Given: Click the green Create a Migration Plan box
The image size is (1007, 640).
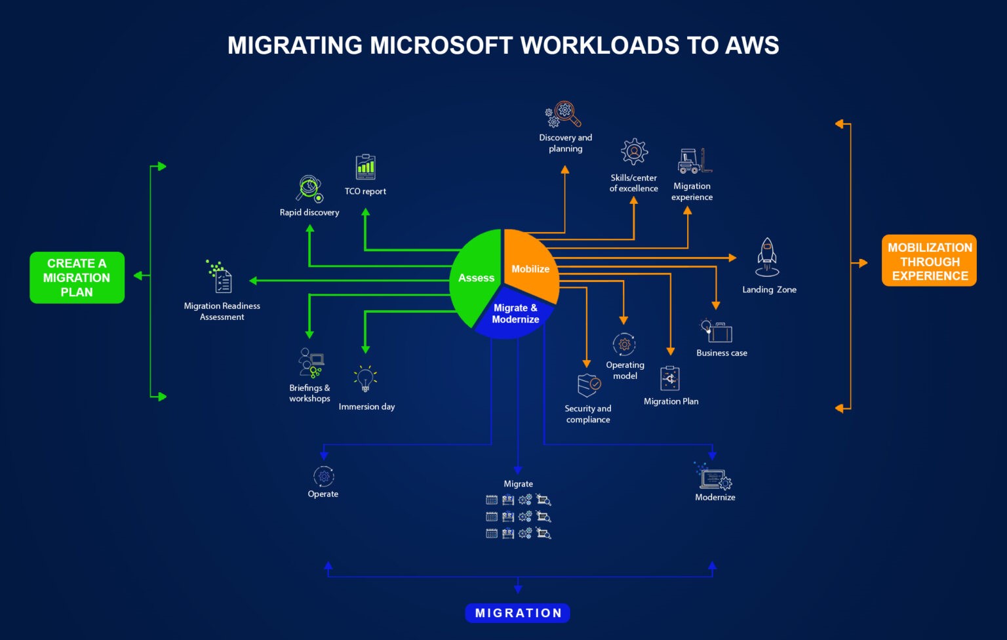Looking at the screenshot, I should coord(77,277).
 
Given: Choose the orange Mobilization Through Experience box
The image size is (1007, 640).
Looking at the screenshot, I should coord(929,261).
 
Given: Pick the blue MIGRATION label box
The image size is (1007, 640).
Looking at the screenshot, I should coord(517,613).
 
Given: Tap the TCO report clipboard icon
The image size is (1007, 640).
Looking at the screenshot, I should coord(366,167).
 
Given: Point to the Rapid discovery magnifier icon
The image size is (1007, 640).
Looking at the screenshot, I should coord(309,189).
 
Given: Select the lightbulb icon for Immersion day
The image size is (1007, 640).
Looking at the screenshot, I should coord(365,379).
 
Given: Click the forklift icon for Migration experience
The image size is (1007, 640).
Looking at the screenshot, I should coord(694,161).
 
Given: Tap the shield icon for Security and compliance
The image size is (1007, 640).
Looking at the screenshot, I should coord(589,385).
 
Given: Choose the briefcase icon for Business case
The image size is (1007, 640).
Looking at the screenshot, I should coord(717,331).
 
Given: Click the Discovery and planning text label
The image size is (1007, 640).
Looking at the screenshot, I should coord(565,143).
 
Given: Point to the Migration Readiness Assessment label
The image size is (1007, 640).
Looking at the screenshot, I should coord(222,311).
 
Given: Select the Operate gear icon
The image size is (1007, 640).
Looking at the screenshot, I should coord(323,476).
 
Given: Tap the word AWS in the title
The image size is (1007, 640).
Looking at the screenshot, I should coord(752,45).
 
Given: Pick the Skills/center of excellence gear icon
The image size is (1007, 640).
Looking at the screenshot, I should coord(634,152).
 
